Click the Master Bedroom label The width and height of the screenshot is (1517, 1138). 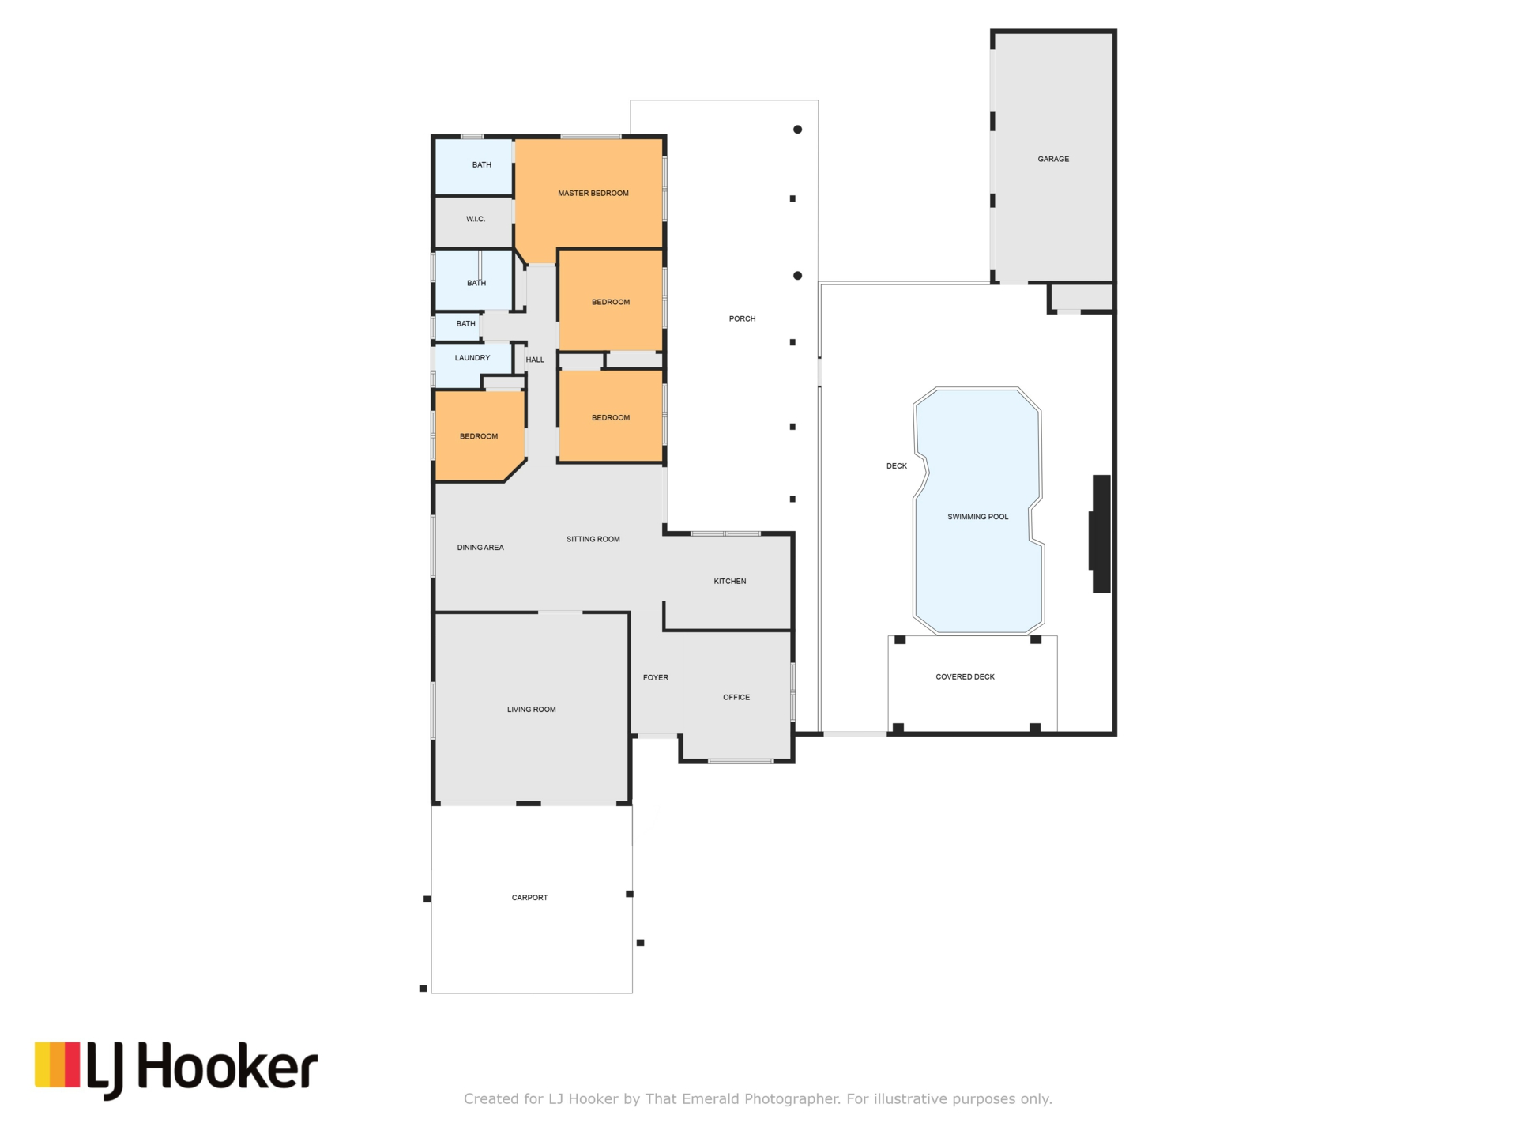coord(593,194)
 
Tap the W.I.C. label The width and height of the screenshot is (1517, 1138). coord(476,219)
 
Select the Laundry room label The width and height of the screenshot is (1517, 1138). coord(472,358)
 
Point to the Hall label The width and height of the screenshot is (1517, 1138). coord(535,360)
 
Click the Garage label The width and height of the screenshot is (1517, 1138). coord(1053,159)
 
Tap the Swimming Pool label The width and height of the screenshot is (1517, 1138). coord(978,517)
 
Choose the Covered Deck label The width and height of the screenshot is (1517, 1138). coord(965,677)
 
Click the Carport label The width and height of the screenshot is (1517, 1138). coord(529,898)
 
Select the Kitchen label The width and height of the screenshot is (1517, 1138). coord(730,582)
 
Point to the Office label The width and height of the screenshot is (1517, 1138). coord(736,698)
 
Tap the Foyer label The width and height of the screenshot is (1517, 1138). coord(656,678)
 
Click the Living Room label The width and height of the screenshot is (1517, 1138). coord(532,710)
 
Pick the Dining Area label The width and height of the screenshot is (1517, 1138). coord(480,548)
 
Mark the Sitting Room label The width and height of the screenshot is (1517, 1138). coord(593,540)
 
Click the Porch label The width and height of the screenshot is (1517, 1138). coord(743,319)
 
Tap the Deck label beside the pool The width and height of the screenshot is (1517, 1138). coord(897,466)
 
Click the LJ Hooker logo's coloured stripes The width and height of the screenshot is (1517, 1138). coord(57,1065)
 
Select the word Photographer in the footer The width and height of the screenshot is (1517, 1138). coord(792,1099)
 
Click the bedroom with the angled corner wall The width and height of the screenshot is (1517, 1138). coord(479,436)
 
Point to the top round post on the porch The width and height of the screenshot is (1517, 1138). coord(798,130)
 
